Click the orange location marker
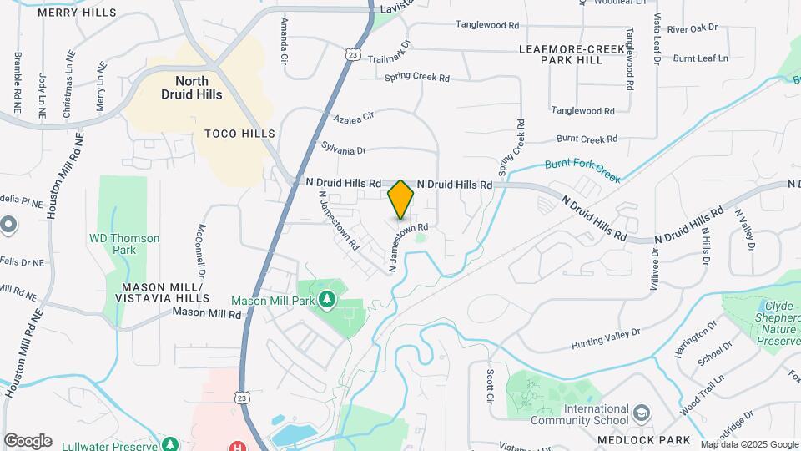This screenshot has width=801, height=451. click(x=401, y=199)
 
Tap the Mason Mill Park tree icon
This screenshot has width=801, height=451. click(x=328, y=299)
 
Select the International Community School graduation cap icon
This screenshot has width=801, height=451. click(x=640, y=413)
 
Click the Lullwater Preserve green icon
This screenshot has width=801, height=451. click(x=170, y=443)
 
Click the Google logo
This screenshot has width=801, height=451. click(x=28, y=441)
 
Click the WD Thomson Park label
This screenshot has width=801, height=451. click(x=124, y=244)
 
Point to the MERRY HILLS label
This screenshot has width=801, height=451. click(x=78, y=13)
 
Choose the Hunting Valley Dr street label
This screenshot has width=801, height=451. click(x=606, y=338)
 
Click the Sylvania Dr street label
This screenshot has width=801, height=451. click(x=344, y=149)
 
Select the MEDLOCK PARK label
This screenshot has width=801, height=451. click(x=643, y=440)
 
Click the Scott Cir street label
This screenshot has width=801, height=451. click(x=491, y=385)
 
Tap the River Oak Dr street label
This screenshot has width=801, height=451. click(x=692, y=28)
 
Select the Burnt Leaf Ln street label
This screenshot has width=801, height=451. click(x=700, y=58)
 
